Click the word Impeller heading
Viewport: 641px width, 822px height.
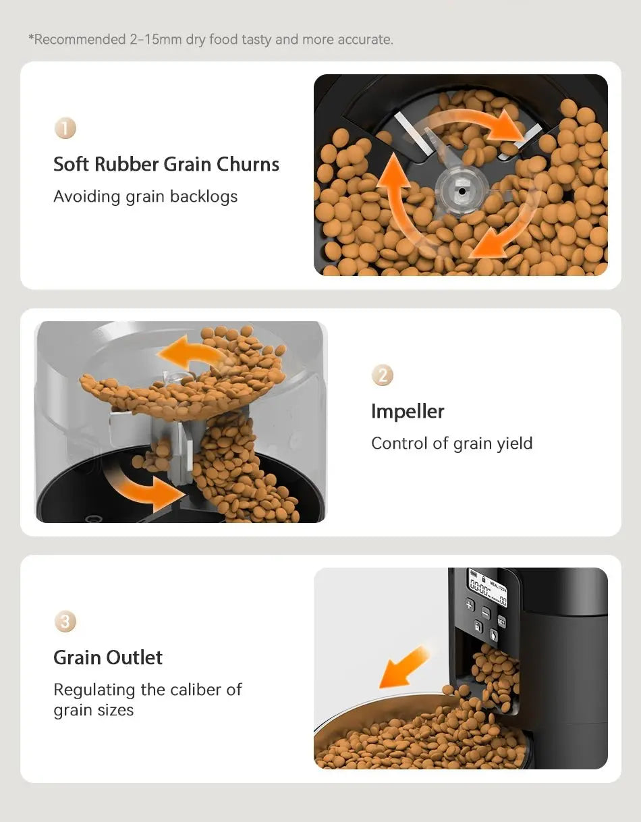pos(408,411)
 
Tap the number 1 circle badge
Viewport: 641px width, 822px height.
pos(65,128)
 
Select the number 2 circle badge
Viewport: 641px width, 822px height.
pos(383,375)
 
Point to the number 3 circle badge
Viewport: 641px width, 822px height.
pos(65,622)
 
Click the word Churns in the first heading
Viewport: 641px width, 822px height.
pos(248,164)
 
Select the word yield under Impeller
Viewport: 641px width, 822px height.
pos(514,443)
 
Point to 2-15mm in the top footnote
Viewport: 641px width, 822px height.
pos(155,40)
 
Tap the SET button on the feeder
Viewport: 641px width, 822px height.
pos(502,622)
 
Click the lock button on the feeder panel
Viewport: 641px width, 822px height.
pos(478,627)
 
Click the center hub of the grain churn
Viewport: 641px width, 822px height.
pos(462,191)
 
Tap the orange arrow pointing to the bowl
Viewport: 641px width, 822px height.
pos(403,666)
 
